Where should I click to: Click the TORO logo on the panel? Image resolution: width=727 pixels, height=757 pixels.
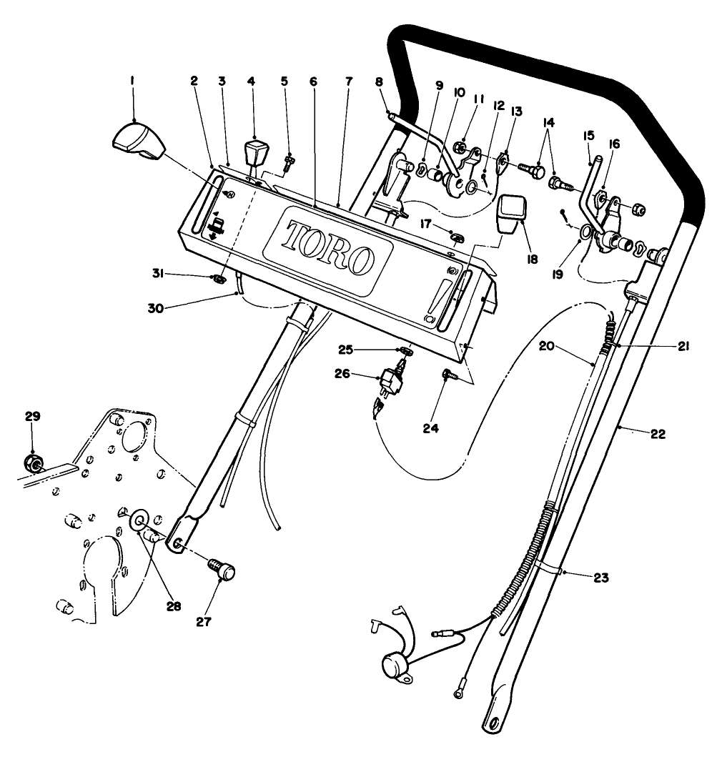[330, 246]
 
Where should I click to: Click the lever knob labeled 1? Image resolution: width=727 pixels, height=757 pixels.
[139, 140]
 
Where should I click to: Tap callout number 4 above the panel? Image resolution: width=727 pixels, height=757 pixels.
[251, 82]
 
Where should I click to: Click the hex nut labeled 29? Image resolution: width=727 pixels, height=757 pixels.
[33, 463]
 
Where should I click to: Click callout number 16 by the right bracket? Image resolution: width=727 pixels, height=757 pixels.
[615, 144]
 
